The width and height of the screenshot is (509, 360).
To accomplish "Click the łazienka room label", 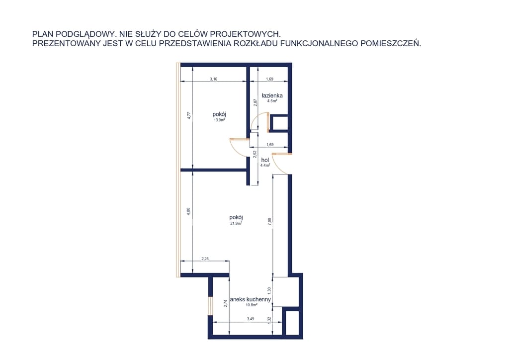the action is pyautogui.click(x=272, y=95).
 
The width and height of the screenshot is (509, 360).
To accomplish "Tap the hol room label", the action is pyautogui.click(x=265, y=160).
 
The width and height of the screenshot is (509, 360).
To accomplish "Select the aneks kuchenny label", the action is pyautogui.click(x=251, y=299).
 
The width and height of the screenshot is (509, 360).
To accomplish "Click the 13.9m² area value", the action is pyautogui.click(x=219, y=120).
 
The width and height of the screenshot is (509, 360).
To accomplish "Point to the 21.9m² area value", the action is pyautogui.click(x=236, y=223).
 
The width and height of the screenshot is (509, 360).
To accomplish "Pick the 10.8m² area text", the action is pyautogui.click(x=252, y=305).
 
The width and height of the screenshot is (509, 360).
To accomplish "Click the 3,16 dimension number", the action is pyautogui.click(x=214, y=79).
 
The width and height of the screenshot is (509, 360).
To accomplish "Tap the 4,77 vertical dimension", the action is pyautogui.click(x=189, y=116).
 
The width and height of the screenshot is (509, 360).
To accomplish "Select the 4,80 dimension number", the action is pyautogui.click(x=188, y=212).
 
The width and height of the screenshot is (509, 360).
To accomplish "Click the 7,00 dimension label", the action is pyautogui.click(x=269, y=222).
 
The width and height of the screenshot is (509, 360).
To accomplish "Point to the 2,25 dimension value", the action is pyautogui.click(x=205, y=259).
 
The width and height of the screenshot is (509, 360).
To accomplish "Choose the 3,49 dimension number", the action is pyautogui.click(x=251, y=319).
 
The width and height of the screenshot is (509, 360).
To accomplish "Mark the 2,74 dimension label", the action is pyautogui.click(x=225, y=303).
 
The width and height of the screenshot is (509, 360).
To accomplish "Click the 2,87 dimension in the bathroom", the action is pyautogui.click(x=255, y=102).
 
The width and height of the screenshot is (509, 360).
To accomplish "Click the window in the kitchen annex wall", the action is pyautogui.click(x=210, y=305).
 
